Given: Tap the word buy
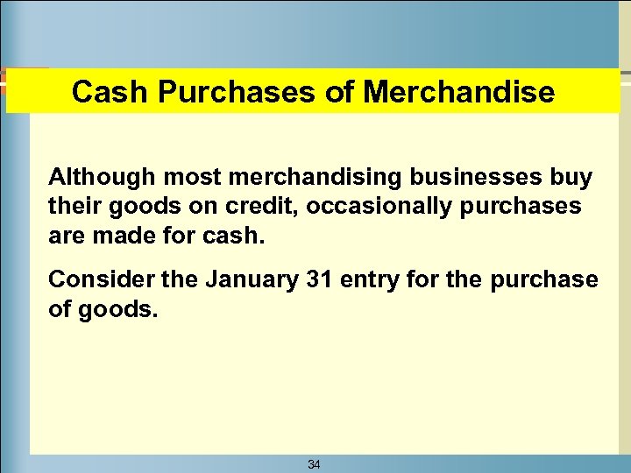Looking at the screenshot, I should tap(571, 178).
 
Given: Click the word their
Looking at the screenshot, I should tap(73, 207).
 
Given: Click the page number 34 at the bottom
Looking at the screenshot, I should tap(314, 464).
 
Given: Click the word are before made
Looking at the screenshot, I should tap(67, 236).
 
